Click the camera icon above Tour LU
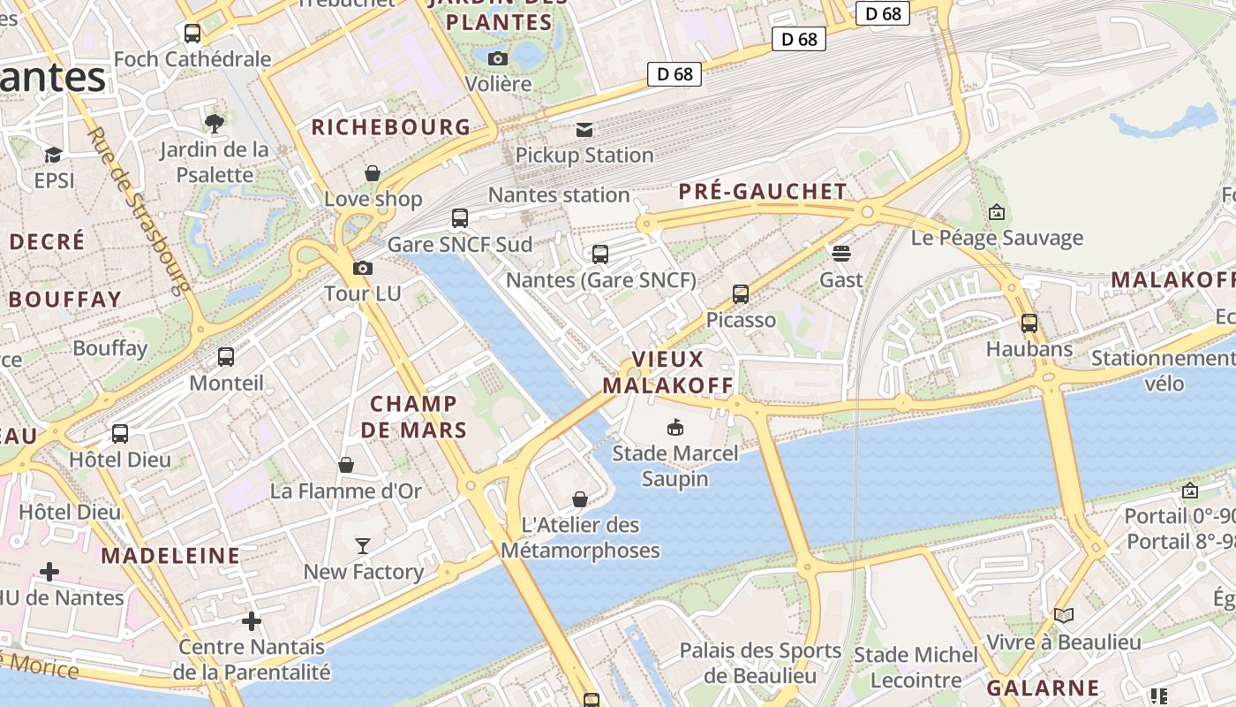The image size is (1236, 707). [x=362, y=268]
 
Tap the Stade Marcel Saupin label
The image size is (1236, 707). [x=675, y=466]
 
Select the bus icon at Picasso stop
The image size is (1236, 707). [x=741, y=294]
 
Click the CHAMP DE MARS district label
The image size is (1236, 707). [x=413, y=417]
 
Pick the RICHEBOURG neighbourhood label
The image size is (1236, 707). [x=391, y=127]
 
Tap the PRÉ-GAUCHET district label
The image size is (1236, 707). [x=763, y=192]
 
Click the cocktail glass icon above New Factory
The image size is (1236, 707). [x=362, y=545]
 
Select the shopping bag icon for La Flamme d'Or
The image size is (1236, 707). [x=346, y=465]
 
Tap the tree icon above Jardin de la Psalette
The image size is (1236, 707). [x=214, y=123]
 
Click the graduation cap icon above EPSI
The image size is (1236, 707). [x=53, y=155]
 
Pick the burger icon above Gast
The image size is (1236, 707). [x=840, y=254]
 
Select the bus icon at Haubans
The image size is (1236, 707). [x=1029, y=323]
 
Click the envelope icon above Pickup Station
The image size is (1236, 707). [x=584, y=130]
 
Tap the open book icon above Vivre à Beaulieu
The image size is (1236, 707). [x=1064, y=615]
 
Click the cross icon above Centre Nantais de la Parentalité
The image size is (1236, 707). [x=252, y=621]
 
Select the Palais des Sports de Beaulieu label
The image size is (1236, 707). [x=760, y=663]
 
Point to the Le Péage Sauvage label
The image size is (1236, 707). [x=997, y=238]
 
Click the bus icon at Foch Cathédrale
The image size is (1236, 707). [x=192, y=34]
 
